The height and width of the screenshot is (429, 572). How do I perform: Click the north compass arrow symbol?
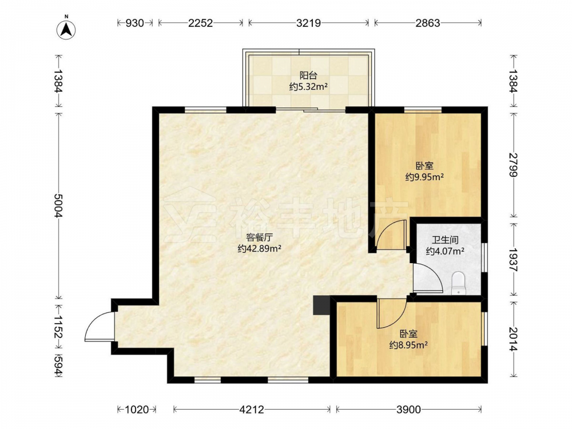point(67,29)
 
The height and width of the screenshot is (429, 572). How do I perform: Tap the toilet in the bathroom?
point(459,284)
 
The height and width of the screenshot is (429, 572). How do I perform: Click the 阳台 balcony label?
point(308,76)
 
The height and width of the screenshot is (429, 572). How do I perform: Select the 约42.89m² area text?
point(259,249)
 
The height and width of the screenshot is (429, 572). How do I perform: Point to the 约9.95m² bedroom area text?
point(424,177)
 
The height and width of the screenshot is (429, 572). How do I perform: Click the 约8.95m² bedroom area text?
point(408,345)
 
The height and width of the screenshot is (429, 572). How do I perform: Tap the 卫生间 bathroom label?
point(445,240)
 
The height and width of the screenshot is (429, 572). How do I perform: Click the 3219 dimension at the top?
point(308,23)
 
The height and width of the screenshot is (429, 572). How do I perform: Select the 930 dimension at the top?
point(134,23)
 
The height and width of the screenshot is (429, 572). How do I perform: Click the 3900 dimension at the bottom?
point(408,410)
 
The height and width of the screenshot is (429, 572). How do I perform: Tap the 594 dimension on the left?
point(58,365)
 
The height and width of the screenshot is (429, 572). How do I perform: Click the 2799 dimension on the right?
point(513,164)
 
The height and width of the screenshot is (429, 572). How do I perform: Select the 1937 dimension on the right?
point(513,259)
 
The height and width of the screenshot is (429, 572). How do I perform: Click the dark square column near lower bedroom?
point(321,305)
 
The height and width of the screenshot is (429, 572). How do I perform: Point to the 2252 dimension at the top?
point(200,23)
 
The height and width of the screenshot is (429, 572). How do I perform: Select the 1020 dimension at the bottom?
point(137,410)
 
